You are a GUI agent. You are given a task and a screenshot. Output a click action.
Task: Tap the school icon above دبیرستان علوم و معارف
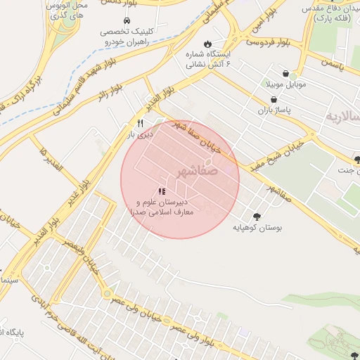pyautogui.click(x=162, y=191)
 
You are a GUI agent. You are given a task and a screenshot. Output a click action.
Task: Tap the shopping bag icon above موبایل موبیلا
pyautogui.click(x=285, y=73)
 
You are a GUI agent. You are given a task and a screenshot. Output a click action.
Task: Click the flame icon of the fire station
pyautogui.click(x=207, y=44)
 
